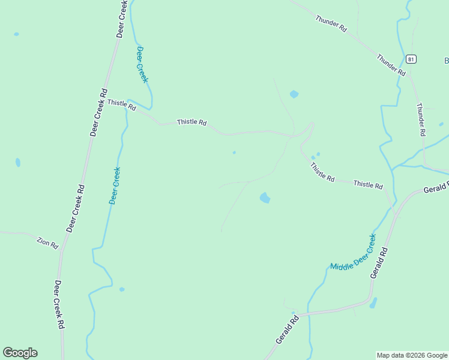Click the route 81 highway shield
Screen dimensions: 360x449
(x=411, y=59)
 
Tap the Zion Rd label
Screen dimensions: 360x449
(x=47, y=243)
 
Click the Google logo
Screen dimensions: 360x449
(x=20, y=353)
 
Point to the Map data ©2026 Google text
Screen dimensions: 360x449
(x=412, y=355)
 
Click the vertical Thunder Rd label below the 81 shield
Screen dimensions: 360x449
(x=420, y=118)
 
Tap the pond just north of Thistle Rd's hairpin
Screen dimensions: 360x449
(x=294, y=94)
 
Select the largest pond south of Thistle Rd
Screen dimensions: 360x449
(x=265, y=197)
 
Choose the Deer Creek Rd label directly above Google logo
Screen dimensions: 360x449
(x=60, y=305)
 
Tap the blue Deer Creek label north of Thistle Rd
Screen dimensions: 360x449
(x=142, y=64)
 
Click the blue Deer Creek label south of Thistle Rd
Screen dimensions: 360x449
(x=114, y=185)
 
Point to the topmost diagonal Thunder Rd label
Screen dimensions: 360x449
(x=331, y=23)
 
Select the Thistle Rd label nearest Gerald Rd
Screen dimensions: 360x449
(x=368, y=185)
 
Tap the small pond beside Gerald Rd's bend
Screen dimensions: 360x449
(x=373, y=303)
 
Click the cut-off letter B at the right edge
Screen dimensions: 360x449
(x=446, y=61)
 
